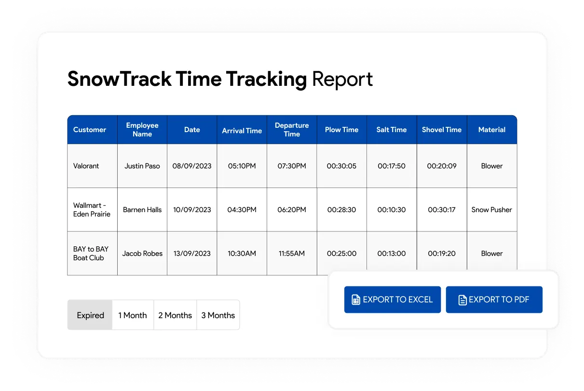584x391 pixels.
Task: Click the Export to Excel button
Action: pyautogui.click(x=393, y=299)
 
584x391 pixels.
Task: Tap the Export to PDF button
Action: pyautogui.click(x=494, y=299)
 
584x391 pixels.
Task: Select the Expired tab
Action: pyautogui.click(x=90, y=315)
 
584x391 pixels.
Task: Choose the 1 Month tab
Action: pyautogui.click(x=133, y=315)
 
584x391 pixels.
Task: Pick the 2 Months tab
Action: pyautogui.click(x=175, y=315)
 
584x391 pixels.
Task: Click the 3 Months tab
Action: pyautogui.click(x=218, y=315)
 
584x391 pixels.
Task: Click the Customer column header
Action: pyautogui.click(x=90, y=130)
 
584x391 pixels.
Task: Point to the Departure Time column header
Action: pyautogui.click(x=292, y=130)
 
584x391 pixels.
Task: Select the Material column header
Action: pyautogui.click(x=492, y=130)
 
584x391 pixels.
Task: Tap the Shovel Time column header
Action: pyautogui.click(x=442, y=130)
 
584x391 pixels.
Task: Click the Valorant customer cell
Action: pyautogui.click(x=86, y=166)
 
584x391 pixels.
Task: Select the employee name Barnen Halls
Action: pyautogui.click(x=142, y=210)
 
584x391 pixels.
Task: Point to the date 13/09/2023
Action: pyautogui.click(x=192, y=254)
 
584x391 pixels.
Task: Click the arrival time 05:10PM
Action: pyautogui.click(x=242, y=166)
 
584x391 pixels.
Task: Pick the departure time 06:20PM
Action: pyautogui.click(x=292, y=210)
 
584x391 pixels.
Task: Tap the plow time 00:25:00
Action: pyautogui.click(x=341, y=254)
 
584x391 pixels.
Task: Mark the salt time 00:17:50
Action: pyautogui.click(x=392, y=166)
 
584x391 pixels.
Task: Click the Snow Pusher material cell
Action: pyautogui.click(x=492, y=210)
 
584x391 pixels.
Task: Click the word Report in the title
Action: pyautogui.click(x=342, y=79)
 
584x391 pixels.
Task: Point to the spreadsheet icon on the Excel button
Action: pyautogui.click(x=356, y=299)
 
